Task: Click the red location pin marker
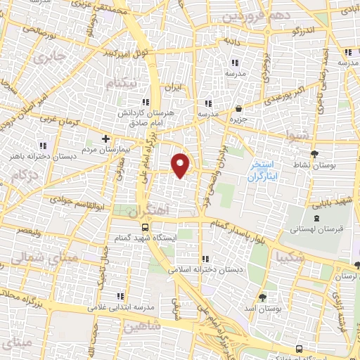182,165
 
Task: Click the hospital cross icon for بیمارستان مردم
105,139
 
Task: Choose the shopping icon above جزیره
239,108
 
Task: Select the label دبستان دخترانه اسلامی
203,269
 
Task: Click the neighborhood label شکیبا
290,256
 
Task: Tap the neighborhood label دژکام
24,173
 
